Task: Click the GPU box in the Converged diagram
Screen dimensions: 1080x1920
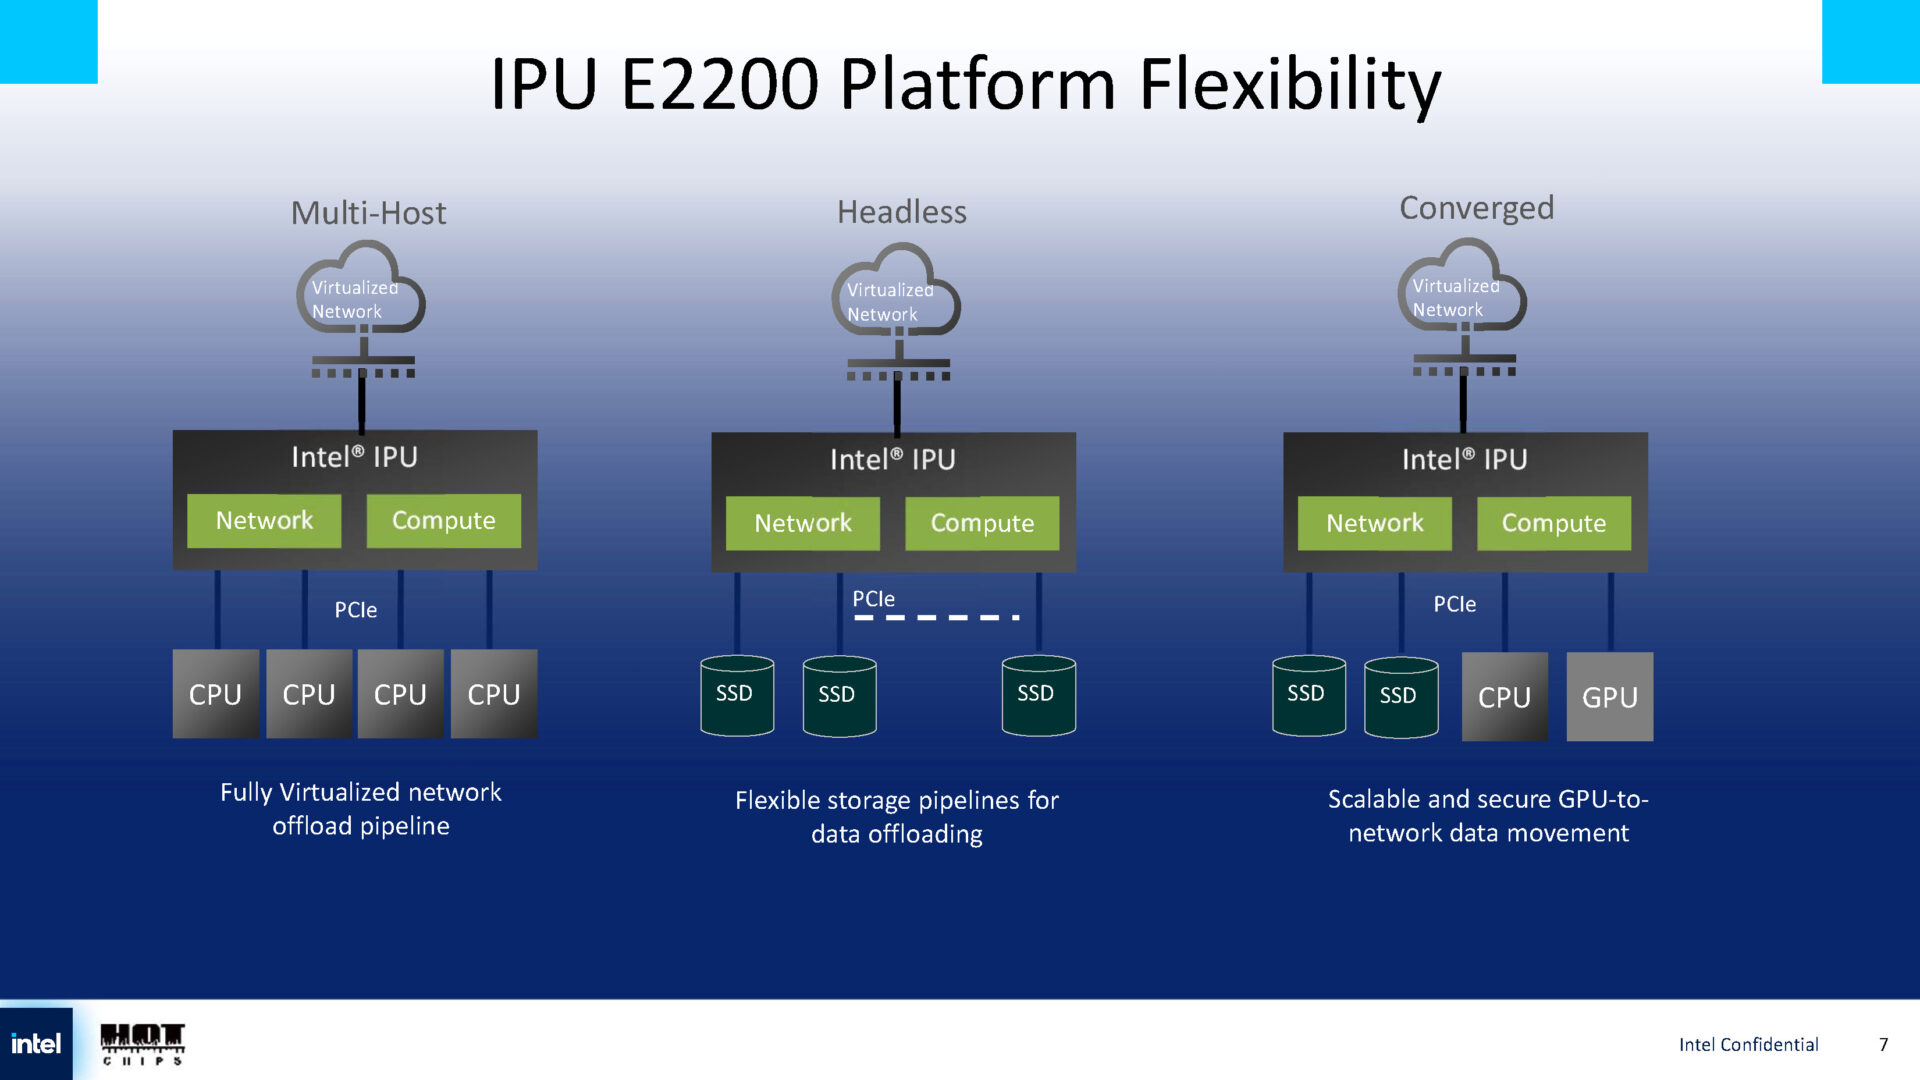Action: (x=1609, y=697)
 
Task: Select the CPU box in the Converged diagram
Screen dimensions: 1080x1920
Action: (x=1504, y=697)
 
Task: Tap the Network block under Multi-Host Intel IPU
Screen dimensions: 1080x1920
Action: (x=264, y=520)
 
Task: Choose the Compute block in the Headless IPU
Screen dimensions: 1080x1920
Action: (x=981, y=523)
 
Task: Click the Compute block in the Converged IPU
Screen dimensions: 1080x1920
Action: (x=1553, y=523)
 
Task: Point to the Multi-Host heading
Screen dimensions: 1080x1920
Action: (x=368, y=213)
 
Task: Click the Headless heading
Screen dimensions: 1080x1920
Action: (x=901, y=212)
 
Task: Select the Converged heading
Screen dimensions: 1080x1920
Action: (x=1476, y=208)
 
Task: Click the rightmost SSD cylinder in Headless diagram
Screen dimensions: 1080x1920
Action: (x=1038, y=696)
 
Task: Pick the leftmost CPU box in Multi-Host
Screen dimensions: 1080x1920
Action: (x=215, y=694)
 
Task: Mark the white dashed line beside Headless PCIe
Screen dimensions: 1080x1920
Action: (x=936, y=618)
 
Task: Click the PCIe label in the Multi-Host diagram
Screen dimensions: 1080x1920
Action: (x=355, y=610)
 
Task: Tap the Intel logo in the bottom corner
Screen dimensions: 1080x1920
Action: (x=36, y=1044)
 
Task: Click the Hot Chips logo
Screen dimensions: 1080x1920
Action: (x=142, y=1044)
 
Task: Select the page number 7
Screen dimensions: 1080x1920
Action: (x=1883, y=1045)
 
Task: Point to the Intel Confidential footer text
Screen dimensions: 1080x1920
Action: (x=1748, y=1045)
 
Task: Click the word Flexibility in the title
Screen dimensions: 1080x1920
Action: (x=1289, y=84)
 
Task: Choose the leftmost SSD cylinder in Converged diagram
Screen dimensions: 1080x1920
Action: (x=1308, y=696)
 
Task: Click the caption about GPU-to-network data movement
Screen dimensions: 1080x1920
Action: (x=1488, y=816)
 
